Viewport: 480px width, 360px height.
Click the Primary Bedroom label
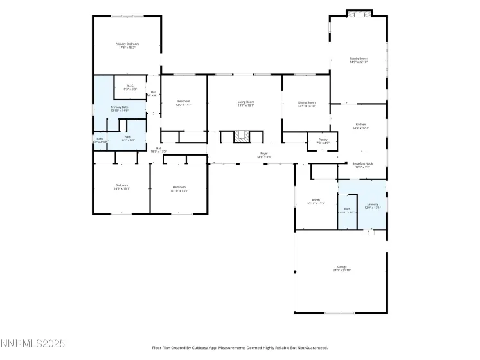pyautogui.click(x=127, y=44)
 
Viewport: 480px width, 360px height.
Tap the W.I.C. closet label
pyautogui.click(x=129, y=87)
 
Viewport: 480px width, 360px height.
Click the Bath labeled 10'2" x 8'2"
pyautogui.click(x=127, y=138)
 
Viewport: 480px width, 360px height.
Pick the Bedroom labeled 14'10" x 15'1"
pyautogui.click(x=179, y=188)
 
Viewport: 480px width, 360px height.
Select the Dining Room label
pyautogui.click(x=307, y=103)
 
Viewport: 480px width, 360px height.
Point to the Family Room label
pyautogui.click(x=359, y=59)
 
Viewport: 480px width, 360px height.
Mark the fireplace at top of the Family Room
pyautogui.click(x=359, y=14)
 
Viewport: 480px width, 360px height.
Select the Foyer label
pyautogui.click(x=263, y=154)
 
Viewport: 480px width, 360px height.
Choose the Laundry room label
pyautogui.click(x=373, y=205)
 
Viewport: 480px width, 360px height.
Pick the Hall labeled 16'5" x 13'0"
pyautogui.click(x=158, y=148)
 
